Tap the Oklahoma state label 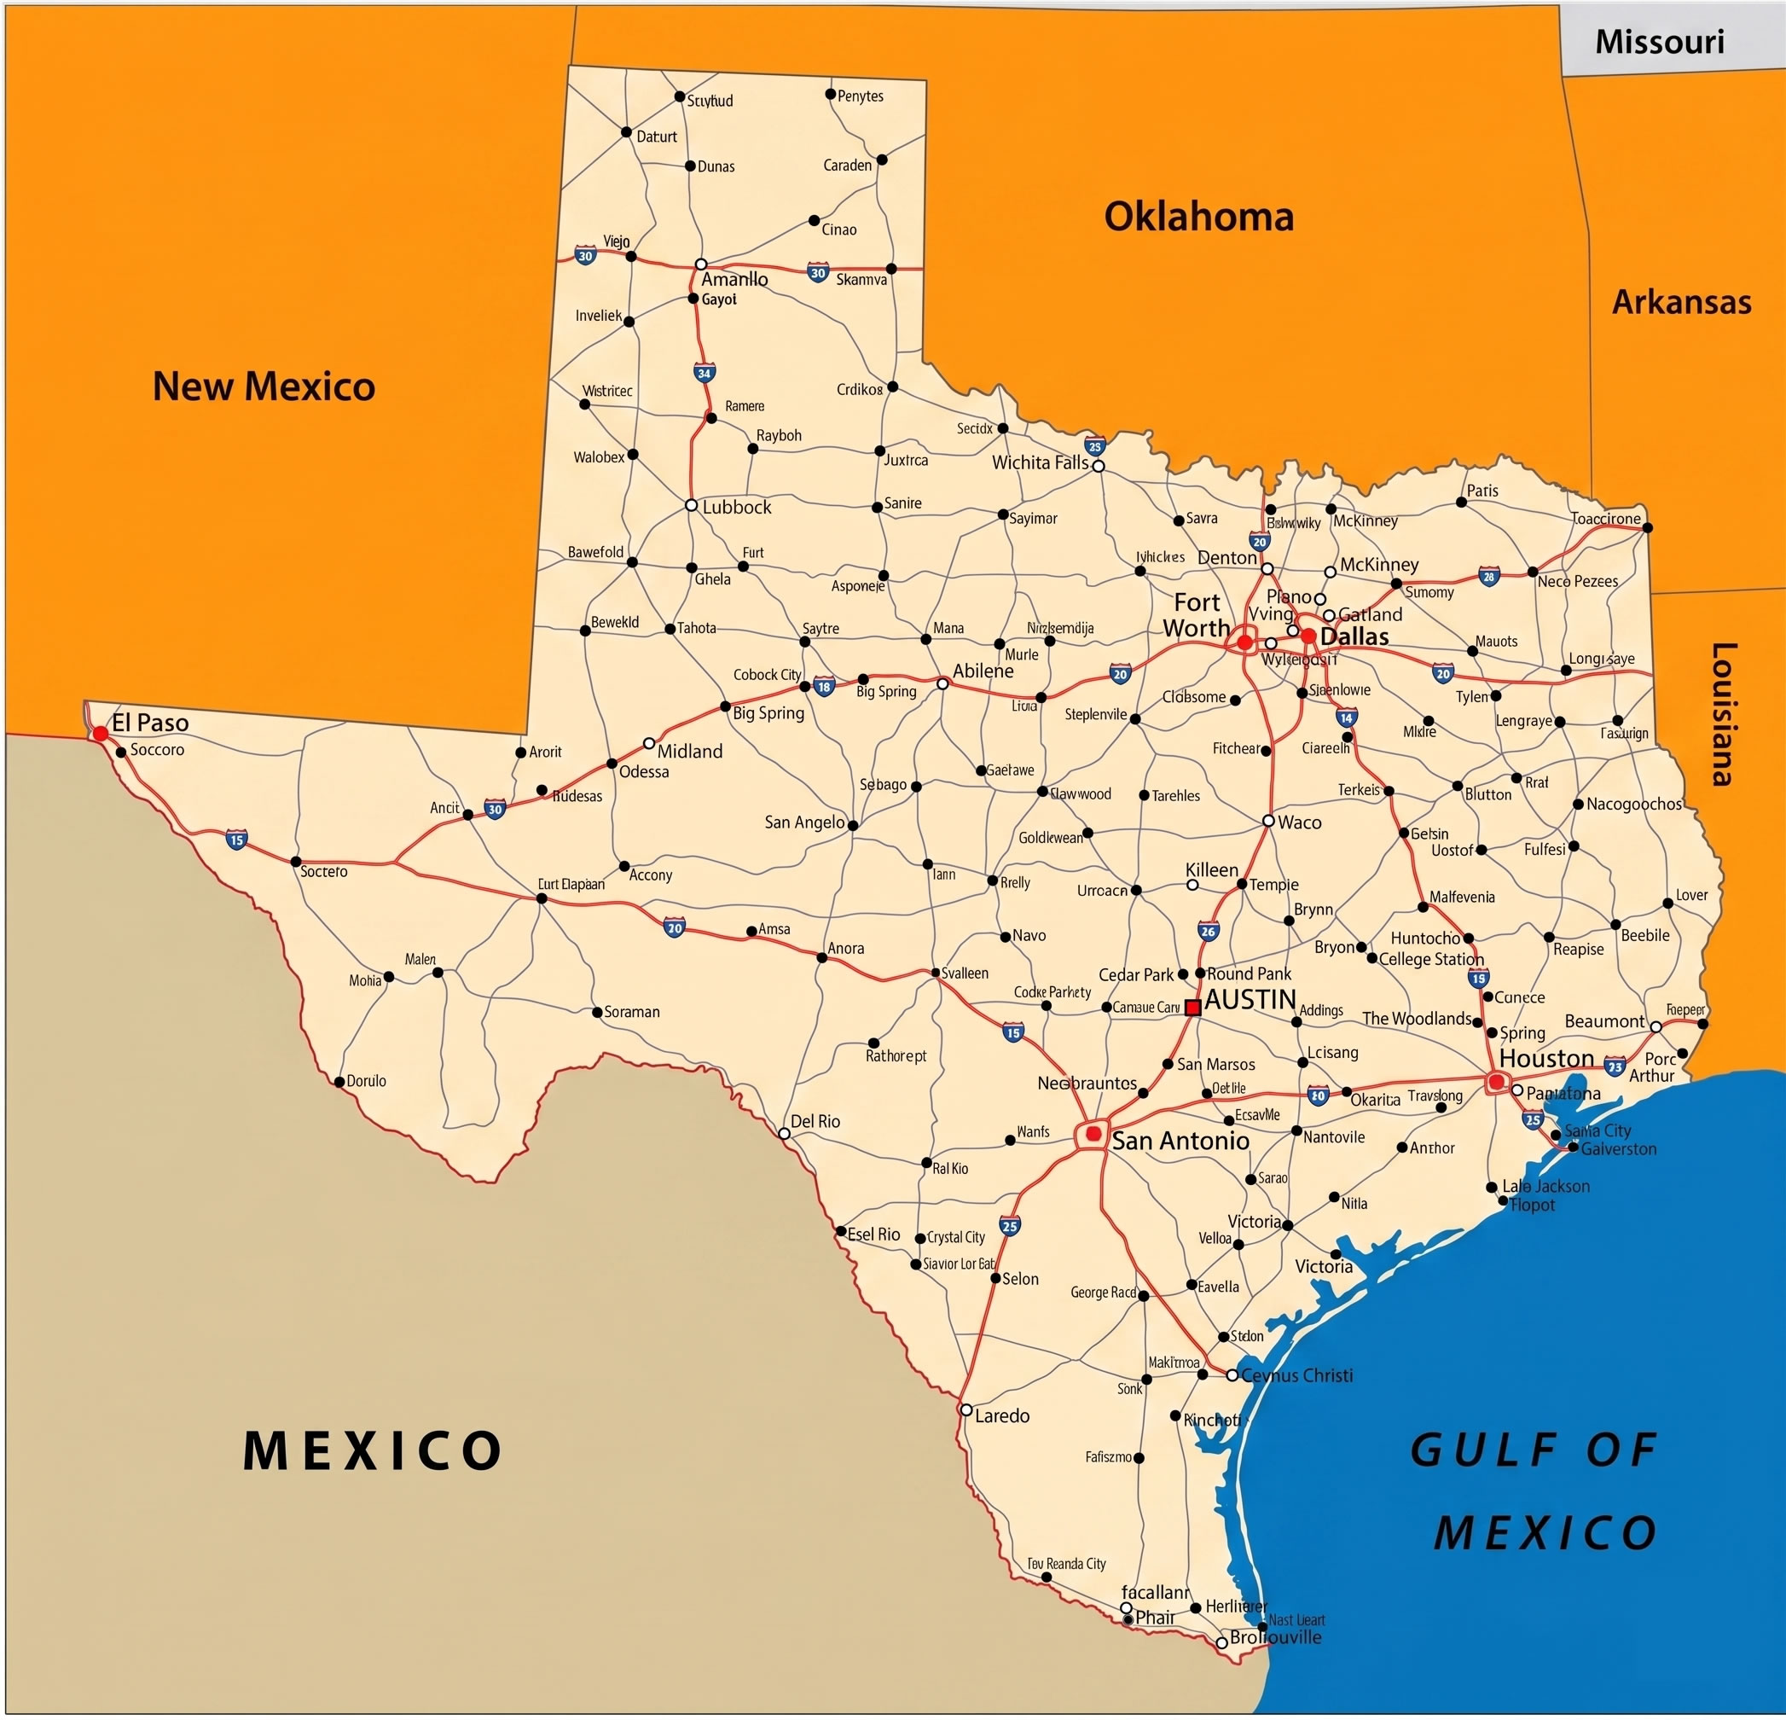(x=1198, y=217)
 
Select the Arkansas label (x=1681, y=303)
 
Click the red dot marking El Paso (x=101, y=733)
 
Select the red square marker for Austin (x=1192, y=1008)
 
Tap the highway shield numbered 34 (x=704, y=373)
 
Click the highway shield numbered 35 (x=1095, y=445)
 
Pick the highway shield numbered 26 (x=1209, y=931)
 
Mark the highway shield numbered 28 (x=1489, y=576)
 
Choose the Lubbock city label (x=736, y=508)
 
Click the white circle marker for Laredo (x=965, y=1409)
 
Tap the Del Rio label (x=815, y=1121)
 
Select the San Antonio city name (x=1180, y=1141)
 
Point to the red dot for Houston (x=1496, y=1082)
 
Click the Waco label (x=1298, y=822)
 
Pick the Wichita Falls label (x=1040, y=463)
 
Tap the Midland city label (x=690, y=751)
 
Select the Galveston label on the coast (x=1618, y=1148)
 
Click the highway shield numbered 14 (x=1347, y=718)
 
